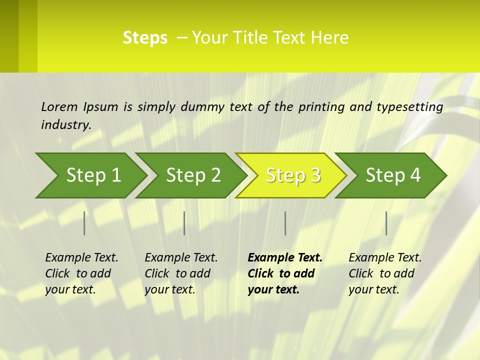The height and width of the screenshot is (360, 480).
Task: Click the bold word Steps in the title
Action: pyautogui.click(x=145, y=38)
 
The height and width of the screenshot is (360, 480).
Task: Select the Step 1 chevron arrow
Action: pyautogui.click(x=90, y=175)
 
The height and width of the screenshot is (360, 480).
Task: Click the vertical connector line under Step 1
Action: pyautogui.click(x=84, y=223)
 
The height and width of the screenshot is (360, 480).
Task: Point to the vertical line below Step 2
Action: pyautogui.click(x=184, y=223)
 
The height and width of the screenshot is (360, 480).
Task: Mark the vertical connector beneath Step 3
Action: pyautogui.click(x=285, y=223)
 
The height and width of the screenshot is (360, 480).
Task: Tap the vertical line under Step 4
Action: pyautogui.click(x=386, y=223)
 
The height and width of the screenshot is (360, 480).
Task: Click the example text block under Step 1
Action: pyautogui.click(x=81, y=273)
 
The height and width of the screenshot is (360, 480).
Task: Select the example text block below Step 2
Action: pyautogui.click(x=181, y=273)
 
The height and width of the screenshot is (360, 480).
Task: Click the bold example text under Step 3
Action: pyautogui.click(x=284, y=273)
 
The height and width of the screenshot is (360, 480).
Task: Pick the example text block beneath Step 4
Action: pyautogui.click(x=385, y=273)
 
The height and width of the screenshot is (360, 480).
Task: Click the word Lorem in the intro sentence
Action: pyautogui.click(x=59, y=107)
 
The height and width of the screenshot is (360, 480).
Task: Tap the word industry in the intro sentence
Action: pyautogui.click(x=65, y=125)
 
